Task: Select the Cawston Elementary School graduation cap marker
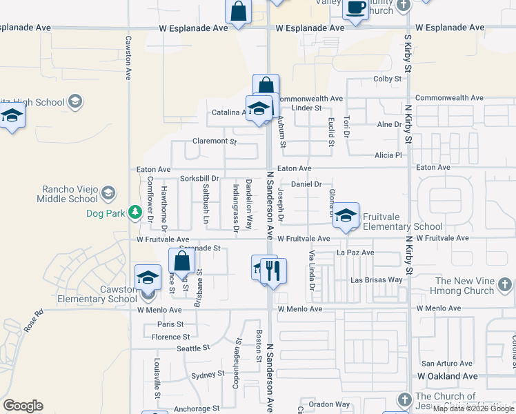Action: pyautogui.click(x=148, y=277)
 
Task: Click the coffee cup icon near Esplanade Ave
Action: pyautogui.click(x=356, y=9)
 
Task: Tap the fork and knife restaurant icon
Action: pyautogui.click(x=274, y=270)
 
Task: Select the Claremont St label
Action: pyautogui.click(x=215, y=141)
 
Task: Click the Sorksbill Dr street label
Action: pyautogui.click(x=199, y=179)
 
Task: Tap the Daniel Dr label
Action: pyautogui.click(x=307, y=184)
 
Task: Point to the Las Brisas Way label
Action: pyautogui.click(x=377, y=280)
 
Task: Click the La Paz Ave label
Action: pyautogui.click(x=355, y=253)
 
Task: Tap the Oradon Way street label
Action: pyautogui.click(x=329, y=404)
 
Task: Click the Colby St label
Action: pyautogui.click(x=387, y=79)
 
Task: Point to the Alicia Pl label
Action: pyautogui.click(x=388, y=155)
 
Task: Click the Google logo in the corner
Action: pyautogui.click(x=23, y=406)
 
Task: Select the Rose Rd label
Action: pyautogui.click(x=34, y=321)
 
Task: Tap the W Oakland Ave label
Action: pyautogui.click(x=447, y=376)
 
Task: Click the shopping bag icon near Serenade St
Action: pyautogui.click(x=182, y=262)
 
